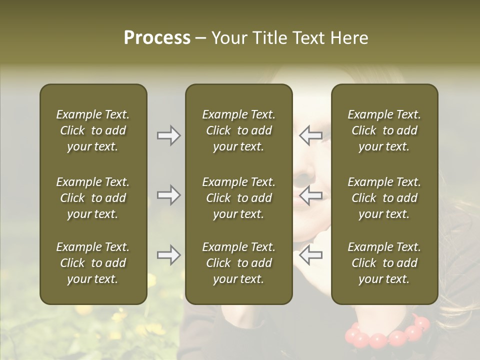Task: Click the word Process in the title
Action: pos(157,38)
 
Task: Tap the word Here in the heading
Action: pos(349,38)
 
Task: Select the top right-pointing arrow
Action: pos(168,135)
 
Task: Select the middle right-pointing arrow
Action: pos(168,195)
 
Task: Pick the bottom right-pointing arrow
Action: pos(168,255)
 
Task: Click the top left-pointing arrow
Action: pos(310,135)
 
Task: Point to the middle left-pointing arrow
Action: pos(310,195)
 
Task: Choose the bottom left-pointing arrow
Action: pos(310,255)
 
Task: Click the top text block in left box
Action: pos(93,130)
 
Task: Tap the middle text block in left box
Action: pos(93,198)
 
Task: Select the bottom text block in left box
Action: pos(93,263)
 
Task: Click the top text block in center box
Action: pos(238,130)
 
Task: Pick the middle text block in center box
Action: pos(238,198)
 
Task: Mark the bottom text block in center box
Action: pos(238,263)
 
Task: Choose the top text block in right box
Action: pos(384,130)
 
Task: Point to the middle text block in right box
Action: pos(384,198)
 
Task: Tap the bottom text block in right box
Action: pos(384,263)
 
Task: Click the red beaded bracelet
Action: pos(387,334)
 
